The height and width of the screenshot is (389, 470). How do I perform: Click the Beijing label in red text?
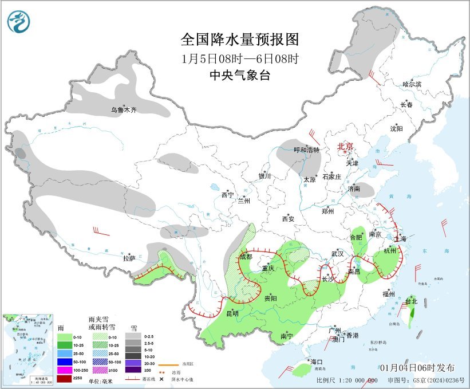346,146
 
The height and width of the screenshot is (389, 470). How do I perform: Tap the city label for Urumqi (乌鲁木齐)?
124,110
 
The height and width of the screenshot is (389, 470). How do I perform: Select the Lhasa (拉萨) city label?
129,258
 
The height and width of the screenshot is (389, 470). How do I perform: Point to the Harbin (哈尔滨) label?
411,84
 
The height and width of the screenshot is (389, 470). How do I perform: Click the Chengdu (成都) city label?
246,257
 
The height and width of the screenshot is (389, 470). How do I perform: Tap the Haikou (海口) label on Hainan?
317,362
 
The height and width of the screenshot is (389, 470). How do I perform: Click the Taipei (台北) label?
411,301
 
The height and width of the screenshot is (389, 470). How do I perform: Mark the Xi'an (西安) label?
287,219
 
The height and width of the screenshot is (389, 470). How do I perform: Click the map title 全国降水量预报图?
240,40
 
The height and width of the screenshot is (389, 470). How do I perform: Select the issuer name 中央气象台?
240,75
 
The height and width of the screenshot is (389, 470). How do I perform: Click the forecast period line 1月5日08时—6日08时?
240,58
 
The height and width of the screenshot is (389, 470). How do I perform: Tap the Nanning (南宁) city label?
287,336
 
